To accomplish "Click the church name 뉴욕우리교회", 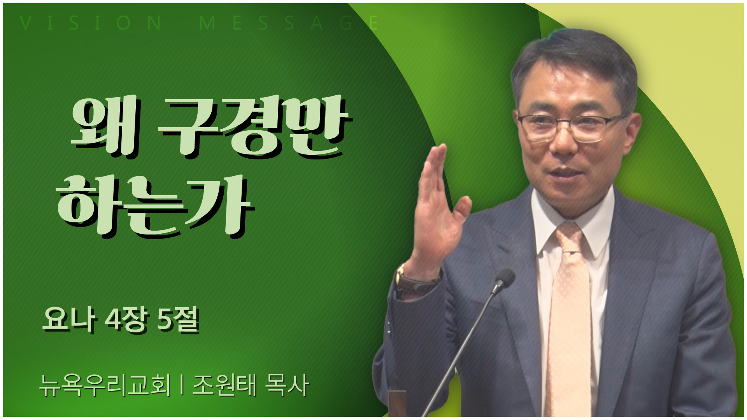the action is (x=105, y=385).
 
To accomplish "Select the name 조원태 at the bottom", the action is (x=224, y=385).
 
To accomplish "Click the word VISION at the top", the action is (x=91, y=23).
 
